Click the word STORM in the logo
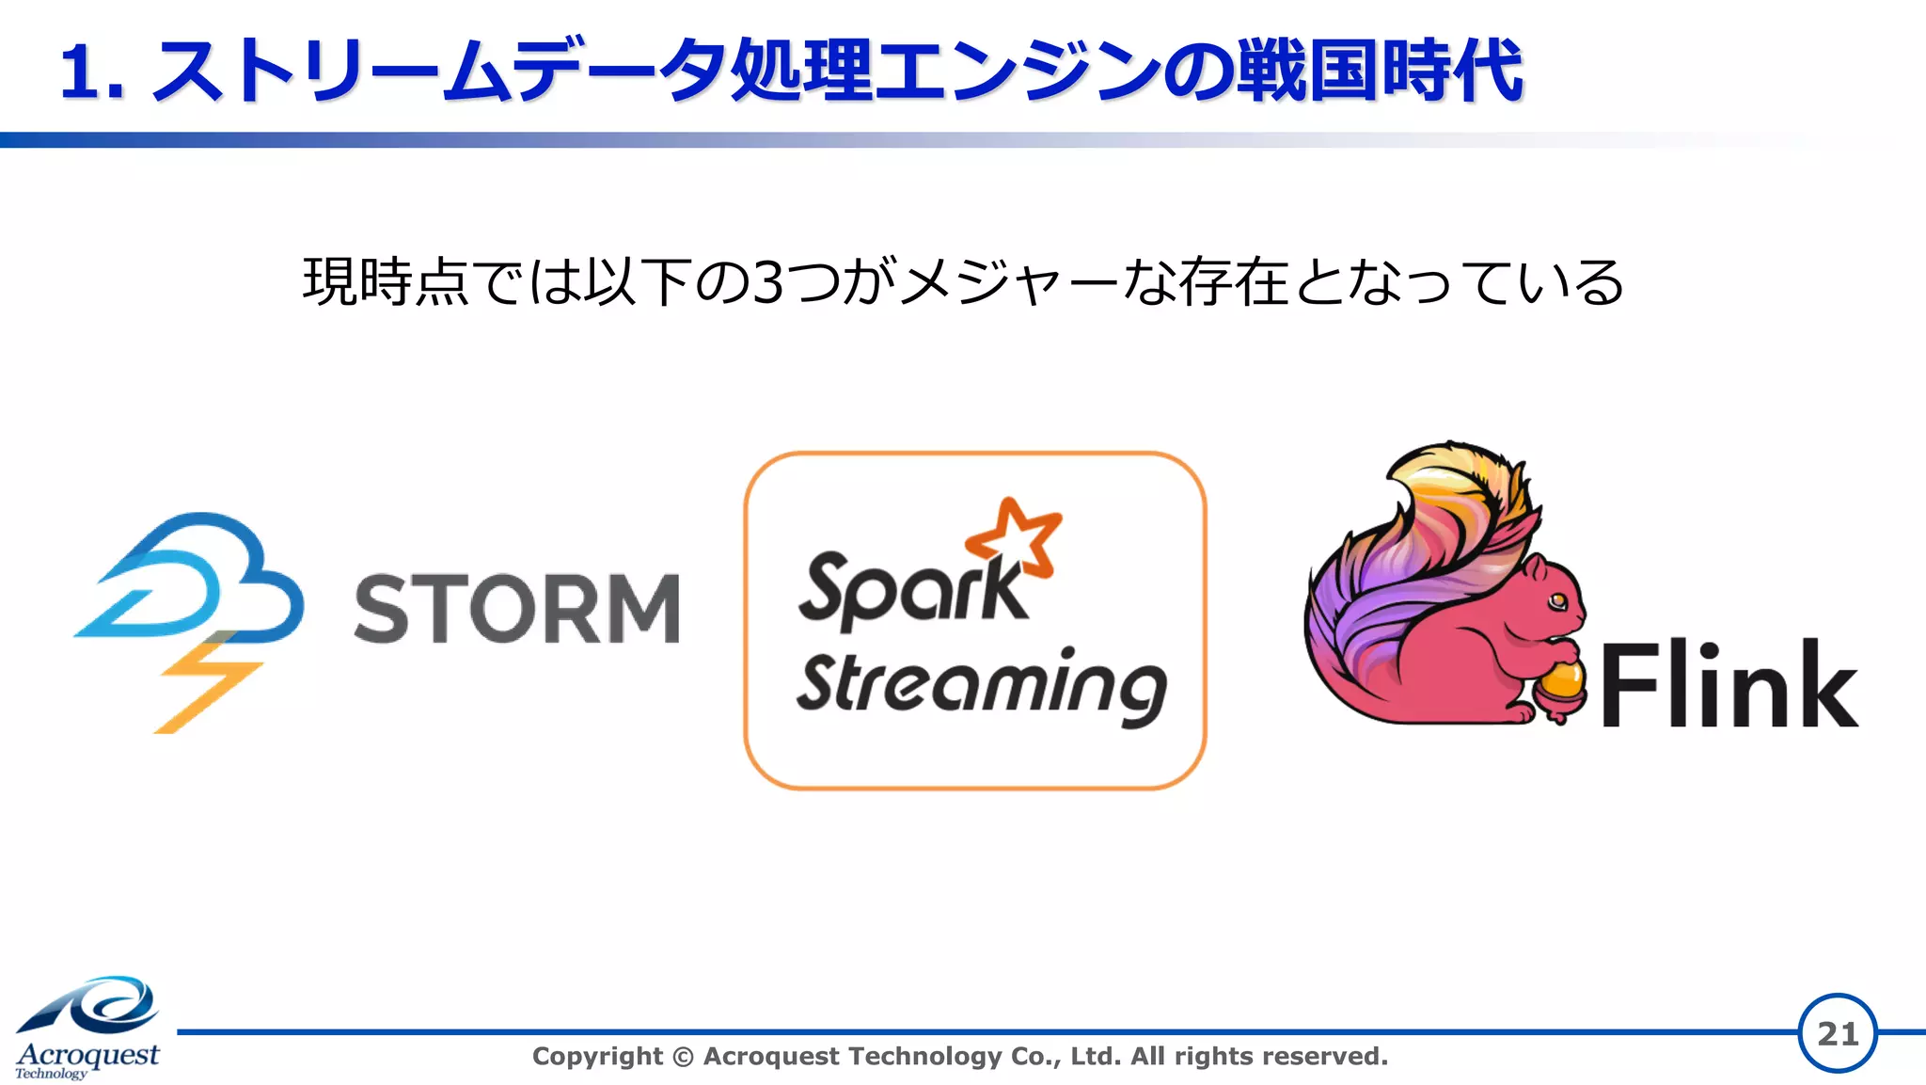click(x=516, y=609)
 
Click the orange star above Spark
click(x=1015, y=537)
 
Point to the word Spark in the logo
click(x=910, y=591)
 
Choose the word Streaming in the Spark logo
click(x=981, y=685)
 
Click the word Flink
click(x=1729, y=685)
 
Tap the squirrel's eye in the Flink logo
click(x=1557, y=599)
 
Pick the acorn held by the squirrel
click(x=1562, y=687)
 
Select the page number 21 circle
click(x=1838, y=1033)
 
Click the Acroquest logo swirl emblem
click(x=94, y=1007)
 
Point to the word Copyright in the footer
click(x=597, y=1057)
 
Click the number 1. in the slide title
click(x=91, y=72)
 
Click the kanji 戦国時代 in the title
click(x=1378, y=72)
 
